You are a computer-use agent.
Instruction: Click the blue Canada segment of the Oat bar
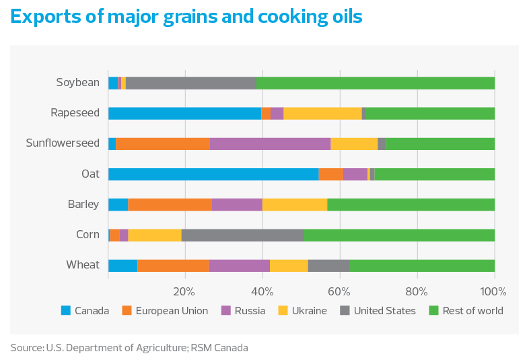point(213,174)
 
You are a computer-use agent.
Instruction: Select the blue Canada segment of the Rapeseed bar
point(184,113)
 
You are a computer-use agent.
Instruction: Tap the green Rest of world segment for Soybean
point(376,83)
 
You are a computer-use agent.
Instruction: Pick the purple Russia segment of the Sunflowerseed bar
point(270,143)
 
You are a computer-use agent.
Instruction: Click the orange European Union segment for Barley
point(170,205)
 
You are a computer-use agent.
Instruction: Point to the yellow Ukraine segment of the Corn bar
point(154,235)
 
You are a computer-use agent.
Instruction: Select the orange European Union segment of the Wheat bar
point(173,265)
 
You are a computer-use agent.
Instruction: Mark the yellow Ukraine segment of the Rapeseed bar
point(322,113)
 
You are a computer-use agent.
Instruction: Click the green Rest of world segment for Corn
point(399,235)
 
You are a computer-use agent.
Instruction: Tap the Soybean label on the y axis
point(77,83)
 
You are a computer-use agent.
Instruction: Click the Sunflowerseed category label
point(62,143)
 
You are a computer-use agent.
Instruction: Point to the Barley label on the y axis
point(83,205)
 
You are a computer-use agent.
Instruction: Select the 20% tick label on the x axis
point(184,291)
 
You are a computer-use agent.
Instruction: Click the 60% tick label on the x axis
point(339,291)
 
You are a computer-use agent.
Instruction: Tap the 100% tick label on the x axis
point(493,291)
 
